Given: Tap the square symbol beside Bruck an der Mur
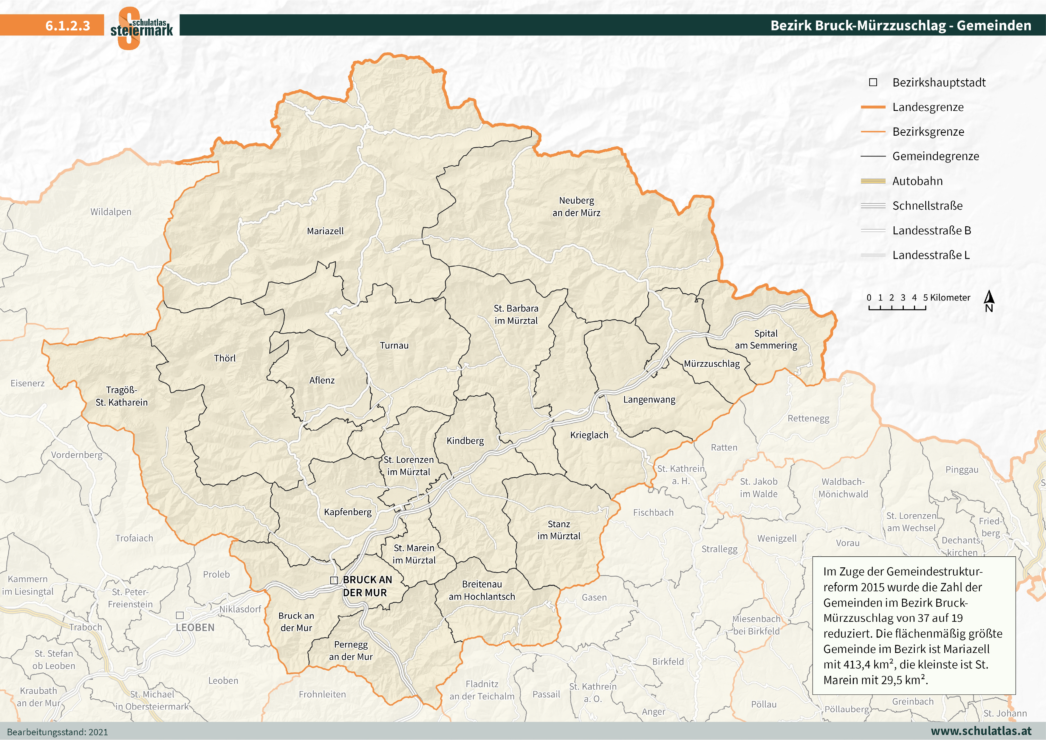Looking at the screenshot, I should click(x=334, y=580).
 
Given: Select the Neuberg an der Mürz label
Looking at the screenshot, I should click(x=576, y=206).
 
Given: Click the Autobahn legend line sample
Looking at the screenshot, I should click(x=873, y=181).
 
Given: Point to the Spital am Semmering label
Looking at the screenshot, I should click(x=766, y=340).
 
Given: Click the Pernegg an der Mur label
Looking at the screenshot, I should click(x=350, y=651).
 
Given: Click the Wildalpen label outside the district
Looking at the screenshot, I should click(x=111, y=212).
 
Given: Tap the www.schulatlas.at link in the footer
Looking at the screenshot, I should click(x=981, y=730).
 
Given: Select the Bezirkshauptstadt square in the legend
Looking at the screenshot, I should click(x=873, y=83).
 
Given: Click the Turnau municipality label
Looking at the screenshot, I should click(x=394, y=345).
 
